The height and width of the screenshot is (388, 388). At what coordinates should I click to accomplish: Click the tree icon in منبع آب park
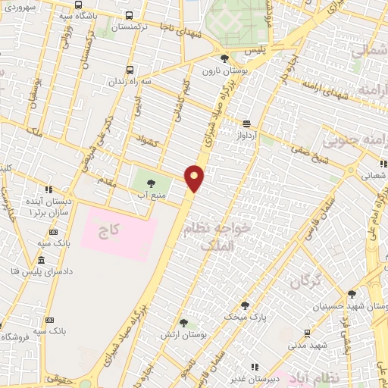151,183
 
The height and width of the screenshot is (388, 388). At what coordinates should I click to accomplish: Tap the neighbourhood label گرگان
304,282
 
